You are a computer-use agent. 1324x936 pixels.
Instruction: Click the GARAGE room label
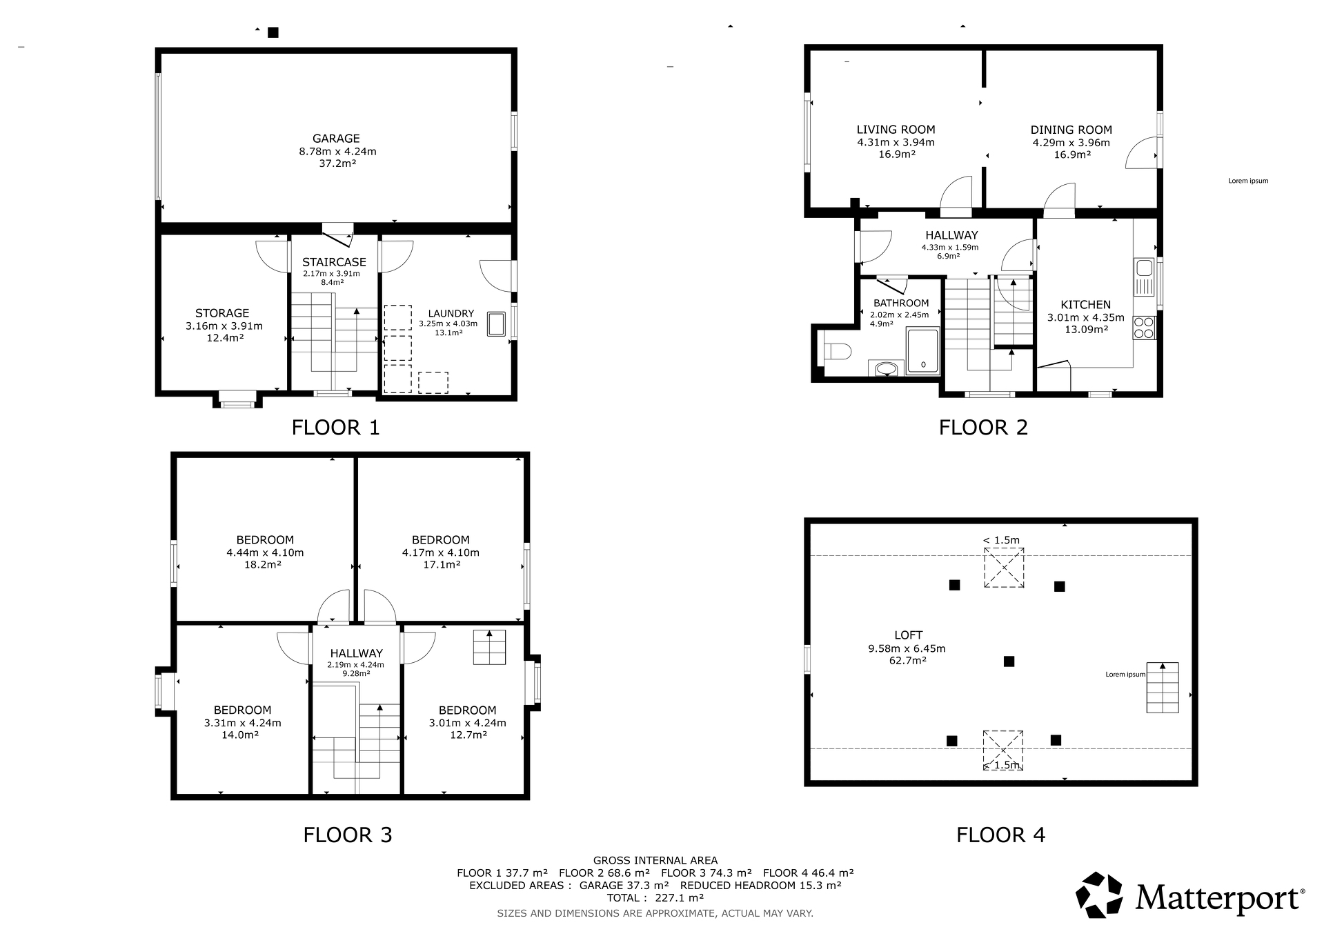336,139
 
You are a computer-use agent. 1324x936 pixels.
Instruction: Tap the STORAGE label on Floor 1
222,313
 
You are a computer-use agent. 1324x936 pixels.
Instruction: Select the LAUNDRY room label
451,313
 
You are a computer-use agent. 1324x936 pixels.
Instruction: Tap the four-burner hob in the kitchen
1144,327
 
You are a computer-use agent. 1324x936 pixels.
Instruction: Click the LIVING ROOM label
896,130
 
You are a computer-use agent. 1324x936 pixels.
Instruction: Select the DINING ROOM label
1071,130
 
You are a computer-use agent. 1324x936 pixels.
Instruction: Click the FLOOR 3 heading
348,835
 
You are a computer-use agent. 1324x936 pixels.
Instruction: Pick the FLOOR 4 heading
1000,835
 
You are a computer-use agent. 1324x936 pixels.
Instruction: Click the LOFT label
908,635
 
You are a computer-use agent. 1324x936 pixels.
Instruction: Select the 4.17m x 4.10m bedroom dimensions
440,552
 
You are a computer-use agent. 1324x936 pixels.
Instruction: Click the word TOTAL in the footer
624,898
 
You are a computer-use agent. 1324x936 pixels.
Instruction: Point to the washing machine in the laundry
496,323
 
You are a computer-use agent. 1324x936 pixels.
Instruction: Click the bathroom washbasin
887,369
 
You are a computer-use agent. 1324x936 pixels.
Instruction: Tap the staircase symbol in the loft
1163,688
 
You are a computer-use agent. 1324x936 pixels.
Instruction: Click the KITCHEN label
1085,305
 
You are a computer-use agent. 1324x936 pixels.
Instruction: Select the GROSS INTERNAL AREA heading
655,861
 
